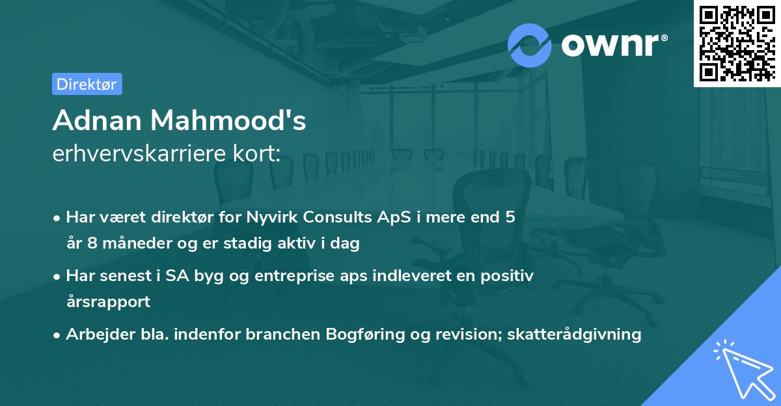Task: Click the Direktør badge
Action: pos(87,84)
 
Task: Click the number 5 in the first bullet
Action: pos(510,217)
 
